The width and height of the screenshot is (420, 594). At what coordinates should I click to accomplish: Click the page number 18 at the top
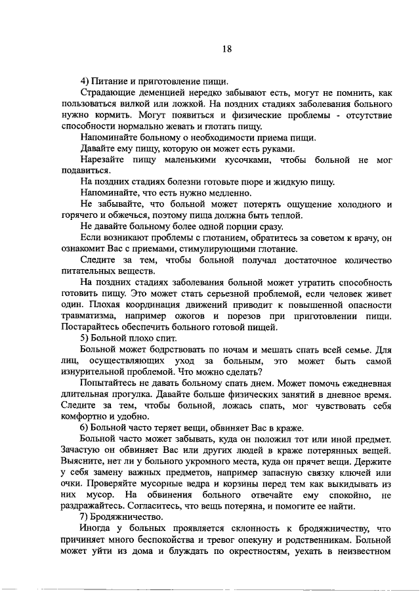click(x=227, y=49)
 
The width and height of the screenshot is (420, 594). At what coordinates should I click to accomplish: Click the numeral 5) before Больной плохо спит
click(x=85, y=338)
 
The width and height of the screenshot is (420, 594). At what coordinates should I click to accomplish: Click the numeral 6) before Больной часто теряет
click(x=85, y=427)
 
